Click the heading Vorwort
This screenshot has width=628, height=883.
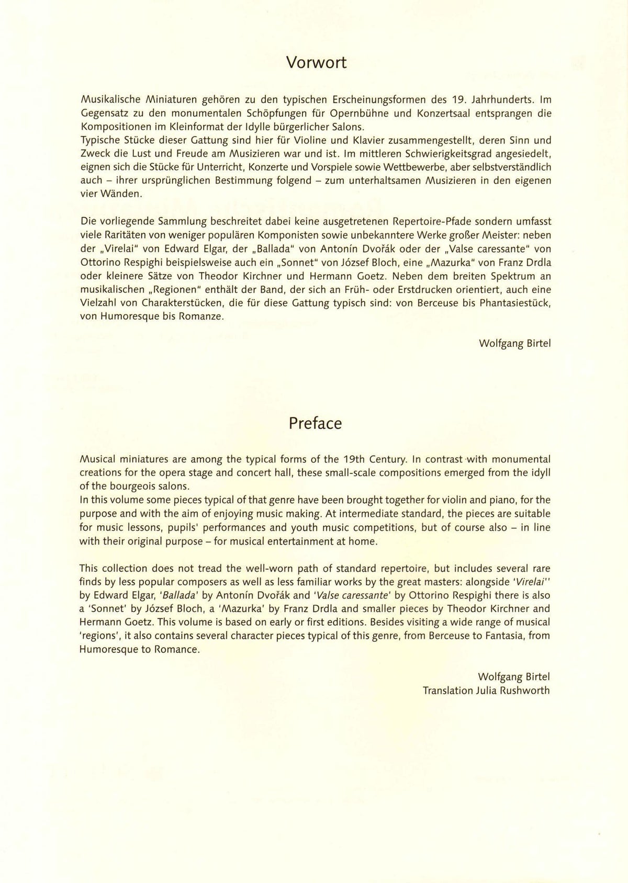316,63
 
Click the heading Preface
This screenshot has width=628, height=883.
315,423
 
